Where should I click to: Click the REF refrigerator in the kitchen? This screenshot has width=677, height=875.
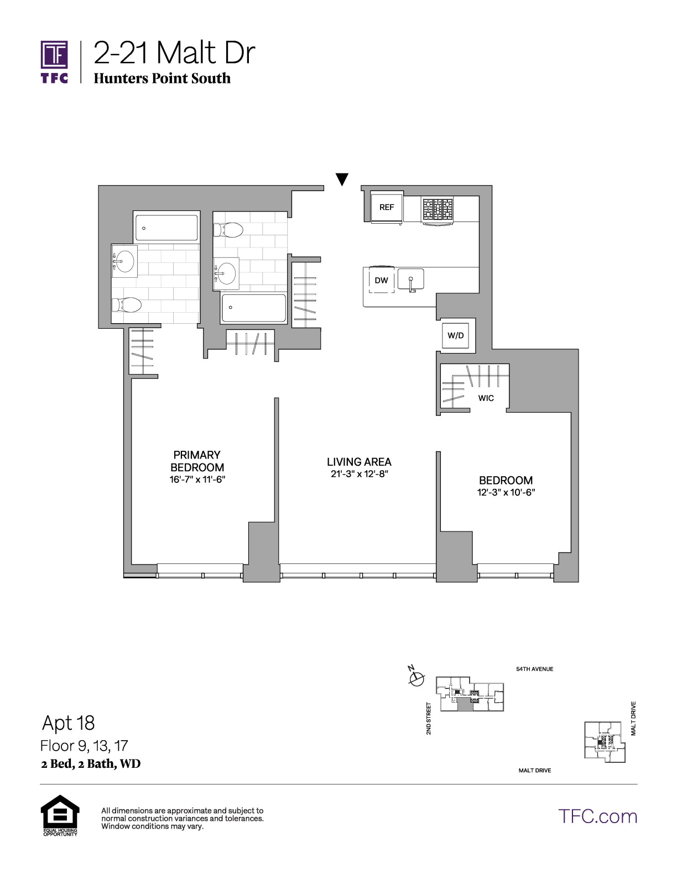coord(386,207)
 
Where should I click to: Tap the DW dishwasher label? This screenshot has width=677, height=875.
coord(381,280)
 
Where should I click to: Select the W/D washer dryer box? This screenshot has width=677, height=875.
coord(456,335)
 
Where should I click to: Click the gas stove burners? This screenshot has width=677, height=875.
coord(437,209)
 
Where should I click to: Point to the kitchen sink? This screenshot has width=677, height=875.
coord(410,279)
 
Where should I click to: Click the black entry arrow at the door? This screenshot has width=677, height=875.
coord(342,179)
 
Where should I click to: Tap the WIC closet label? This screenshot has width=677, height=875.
coord(486,398)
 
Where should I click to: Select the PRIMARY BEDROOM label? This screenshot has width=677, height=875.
coord(197,461)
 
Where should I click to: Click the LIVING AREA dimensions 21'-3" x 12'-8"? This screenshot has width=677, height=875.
coord(360,474)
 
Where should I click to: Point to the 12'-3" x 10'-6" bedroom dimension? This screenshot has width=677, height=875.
coord(506,492)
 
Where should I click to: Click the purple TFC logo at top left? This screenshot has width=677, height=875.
coord(54,62)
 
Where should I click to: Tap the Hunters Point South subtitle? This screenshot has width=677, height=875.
coord(162,78)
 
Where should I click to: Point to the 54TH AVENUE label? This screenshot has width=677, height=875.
coord(535,670)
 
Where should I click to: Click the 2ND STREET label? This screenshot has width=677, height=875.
coord(429,718)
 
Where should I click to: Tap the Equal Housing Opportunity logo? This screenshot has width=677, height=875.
coord(60,815)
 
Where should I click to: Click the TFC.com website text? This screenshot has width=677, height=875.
coord(597,816)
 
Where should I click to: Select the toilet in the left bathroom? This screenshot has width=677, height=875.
coord(127,305)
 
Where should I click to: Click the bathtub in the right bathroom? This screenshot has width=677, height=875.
coord(254,308)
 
